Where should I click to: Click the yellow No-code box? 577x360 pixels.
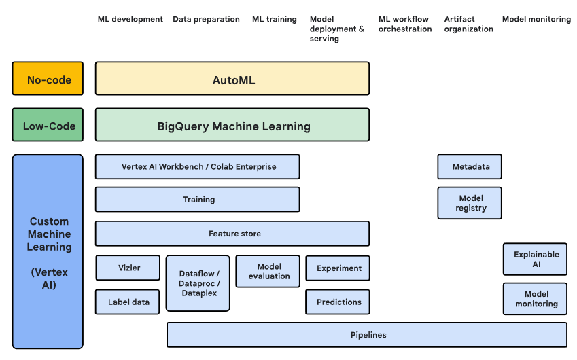[x=48, y=79]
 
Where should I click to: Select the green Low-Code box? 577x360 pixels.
[x=48, y=125]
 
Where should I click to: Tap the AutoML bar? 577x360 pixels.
[x=232, y=79]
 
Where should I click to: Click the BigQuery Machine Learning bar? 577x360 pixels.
[x=232, y=125]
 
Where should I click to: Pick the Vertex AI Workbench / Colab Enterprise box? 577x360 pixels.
[x=197, y=166]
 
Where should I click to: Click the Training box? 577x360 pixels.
[x=197, y=200]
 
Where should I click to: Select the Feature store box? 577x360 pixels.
[x=232, y=234]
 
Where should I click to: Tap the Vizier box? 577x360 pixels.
[x=128, y=268]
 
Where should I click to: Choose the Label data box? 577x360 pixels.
[x=128, y=302]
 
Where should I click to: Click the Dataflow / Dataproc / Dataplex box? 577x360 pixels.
[x=198, y=283]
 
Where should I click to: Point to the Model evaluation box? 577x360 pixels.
[x=268, y=271]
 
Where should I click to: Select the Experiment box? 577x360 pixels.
[x=338, y=268]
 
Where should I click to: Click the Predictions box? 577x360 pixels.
[x=338, y=302]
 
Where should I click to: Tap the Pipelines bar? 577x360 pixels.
[x=367, y=335]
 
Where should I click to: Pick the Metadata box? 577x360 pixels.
[x=470, y=166]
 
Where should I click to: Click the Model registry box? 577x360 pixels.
[x=470, y=203]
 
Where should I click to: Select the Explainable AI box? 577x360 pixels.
[x=536, y=259]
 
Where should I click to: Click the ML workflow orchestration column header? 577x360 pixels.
[x=404, y=24]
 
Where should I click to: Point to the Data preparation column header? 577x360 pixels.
[x=206, y=19]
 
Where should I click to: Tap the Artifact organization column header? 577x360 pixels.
[x=468, y=24]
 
